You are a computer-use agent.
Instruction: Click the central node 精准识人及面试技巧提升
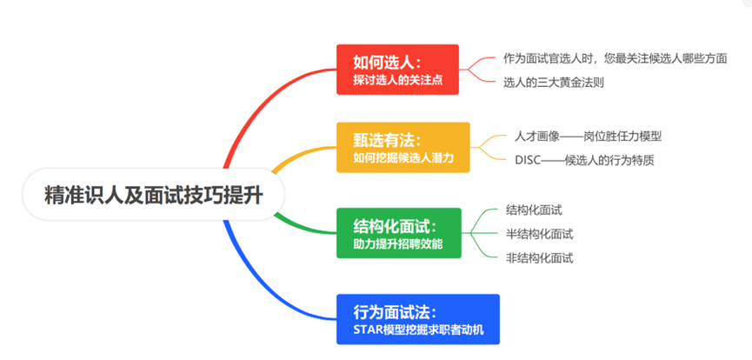tap(154, 195)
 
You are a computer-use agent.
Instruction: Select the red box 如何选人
tap(397, 70)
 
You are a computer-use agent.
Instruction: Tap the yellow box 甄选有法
tap(403, 147)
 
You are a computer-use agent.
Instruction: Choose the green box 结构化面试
tap(398, 233)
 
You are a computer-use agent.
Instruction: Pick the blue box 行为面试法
tap(417, 319)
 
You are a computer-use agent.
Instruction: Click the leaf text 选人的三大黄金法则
tap(554, 83)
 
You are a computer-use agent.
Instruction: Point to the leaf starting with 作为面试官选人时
tap(616, 58)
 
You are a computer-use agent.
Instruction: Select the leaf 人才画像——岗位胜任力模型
tap(588, 137)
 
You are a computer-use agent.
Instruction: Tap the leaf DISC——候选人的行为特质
tap(584, 160)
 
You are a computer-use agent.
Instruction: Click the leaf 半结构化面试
tap(540, 234)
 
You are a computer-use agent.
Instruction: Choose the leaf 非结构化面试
tap(540, 258)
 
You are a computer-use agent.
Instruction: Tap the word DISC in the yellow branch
tap(528, 160)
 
